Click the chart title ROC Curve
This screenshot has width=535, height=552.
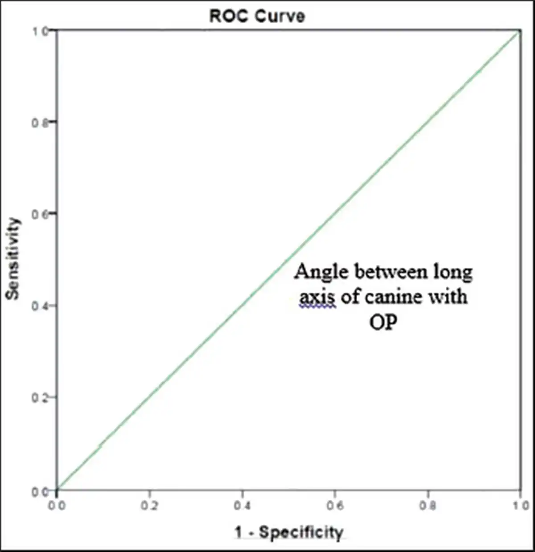tap(257, 16)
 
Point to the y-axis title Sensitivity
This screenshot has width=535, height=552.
tap(13, 259)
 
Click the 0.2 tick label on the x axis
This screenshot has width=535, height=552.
tap(149, 506)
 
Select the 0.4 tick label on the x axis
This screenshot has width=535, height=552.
tap(242, 506)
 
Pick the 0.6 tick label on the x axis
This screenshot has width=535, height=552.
tap(335, 506)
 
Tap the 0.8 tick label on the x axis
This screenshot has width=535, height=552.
tap(428, 506)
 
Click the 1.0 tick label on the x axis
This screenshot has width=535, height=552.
tap(520, 506)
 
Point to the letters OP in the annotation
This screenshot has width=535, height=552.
tap(383, 322)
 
